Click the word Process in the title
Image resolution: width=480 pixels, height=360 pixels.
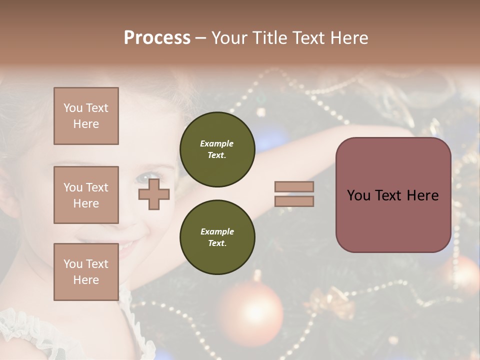pos(157,38)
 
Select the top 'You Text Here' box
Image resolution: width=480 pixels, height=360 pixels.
pos(86,116)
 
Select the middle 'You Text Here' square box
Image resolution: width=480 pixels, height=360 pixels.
pos(86,195)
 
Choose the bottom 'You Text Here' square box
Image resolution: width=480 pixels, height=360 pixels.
pos(86,272)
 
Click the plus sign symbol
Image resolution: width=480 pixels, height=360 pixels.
pos(154,194)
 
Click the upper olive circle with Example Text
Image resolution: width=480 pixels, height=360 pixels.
pos(217,149)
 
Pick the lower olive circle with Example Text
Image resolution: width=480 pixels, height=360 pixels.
pos(217,237)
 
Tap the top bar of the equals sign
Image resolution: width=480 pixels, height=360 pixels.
pos(294,187)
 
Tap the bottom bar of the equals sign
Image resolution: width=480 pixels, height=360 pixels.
pos(294,201)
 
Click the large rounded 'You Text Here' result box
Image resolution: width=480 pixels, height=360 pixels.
pos(393,195)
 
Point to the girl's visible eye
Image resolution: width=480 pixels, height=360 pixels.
pos(145,177)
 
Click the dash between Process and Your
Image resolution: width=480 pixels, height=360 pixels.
pos(201,38)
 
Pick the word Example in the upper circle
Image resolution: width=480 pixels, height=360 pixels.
pos(217,143)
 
